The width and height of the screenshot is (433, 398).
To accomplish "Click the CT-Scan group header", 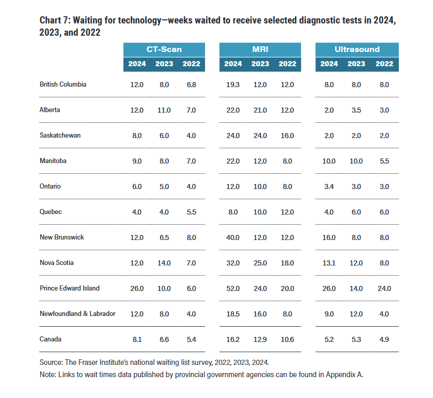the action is (x=164, y=49).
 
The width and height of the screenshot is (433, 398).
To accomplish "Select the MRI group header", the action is (x=260, y=49).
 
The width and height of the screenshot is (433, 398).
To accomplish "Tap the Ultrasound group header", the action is (x=357, y=49).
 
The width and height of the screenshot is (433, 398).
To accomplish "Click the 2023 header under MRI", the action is (x=260, y=64).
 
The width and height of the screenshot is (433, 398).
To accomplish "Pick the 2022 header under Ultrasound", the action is (x=384, y=64).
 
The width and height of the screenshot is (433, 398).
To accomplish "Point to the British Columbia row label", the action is (x=63, y=85).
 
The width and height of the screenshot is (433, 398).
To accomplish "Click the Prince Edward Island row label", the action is (x=69, y=288).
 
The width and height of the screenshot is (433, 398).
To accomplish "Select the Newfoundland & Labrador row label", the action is (x=78, y=314).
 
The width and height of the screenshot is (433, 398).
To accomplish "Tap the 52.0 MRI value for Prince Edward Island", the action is (x=233, y=289).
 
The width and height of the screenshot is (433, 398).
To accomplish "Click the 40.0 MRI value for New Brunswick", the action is (x=233, y=237).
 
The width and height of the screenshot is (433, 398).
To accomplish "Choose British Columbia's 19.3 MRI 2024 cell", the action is (x=233, y=85).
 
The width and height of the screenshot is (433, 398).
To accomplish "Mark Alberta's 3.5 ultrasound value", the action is (x=356, y=111).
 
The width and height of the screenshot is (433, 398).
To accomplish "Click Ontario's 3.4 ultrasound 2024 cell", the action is (x=329, y=187).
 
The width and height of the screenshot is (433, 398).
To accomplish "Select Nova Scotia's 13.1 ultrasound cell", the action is (x=329, y=263).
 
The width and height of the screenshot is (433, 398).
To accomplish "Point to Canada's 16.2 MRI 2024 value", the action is (x=233, y=339).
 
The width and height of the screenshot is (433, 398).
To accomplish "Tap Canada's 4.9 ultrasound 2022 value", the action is (x=384, y=339).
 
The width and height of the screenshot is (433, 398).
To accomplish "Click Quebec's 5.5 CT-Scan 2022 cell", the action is (x=191, y=212).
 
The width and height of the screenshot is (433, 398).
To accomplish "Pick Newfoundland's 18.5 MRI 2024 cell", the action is (x=233, y=314).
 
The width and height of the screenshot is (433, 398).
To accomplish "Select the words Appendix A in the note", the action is (x=344, y=375).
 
